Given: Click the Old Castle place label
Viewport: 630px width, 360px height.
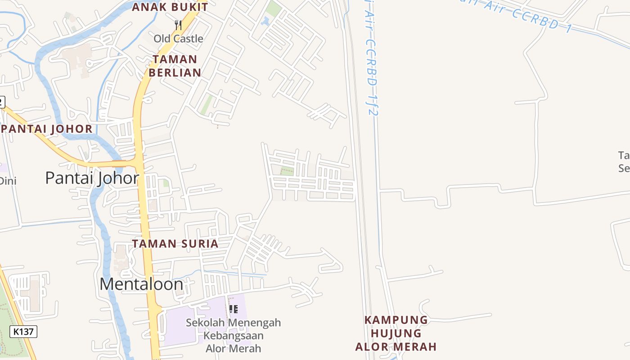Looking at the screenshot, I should click(178, 39).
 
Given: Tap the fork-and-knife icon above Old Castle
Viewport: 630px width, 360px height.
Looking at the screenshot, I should click(178, 25).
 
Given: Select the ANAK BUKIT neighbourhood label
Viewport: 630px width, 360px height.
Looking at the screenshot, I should click(170, 7).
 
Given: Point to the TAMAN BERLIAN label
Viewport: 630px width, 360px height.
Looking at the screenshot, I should click(175, 66).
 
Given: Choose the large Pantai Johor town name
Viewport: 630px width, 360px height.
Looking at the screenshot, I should click(92, 178).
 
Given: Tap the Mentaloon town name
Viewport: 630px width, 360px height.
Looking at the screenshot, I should click(141, 284).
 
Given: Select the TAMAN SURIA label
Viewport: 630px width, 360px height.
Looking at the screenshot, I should click(175, 244).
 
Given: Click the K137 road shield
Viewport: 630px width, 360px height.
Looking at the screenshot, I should click(23, 332).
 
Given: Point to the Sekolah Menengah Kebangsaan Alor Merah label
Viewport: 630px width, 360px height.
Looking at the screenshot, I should click(233, 335).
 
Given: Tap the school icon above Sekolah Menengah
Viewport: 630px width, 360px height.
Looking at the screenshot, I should click(233, 309).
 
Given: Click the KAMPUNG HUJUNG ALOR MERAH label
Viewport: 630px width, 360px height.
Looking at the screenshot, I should click(396, 333).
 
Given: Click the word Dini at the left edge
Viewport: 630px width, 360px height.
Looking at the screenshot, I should click(7, 181).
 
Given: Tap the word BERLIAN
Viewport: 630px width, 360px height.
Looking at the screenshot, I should click(175, 72).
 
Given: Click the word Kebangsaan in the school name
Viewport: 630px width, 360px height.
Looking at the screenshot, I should click(233, 336).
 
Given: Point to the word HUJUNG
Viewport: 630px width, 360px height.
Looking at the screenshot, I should click(396, 333).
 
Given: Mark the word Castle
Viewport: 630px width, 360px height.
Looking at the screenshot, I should click(188, 39).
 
